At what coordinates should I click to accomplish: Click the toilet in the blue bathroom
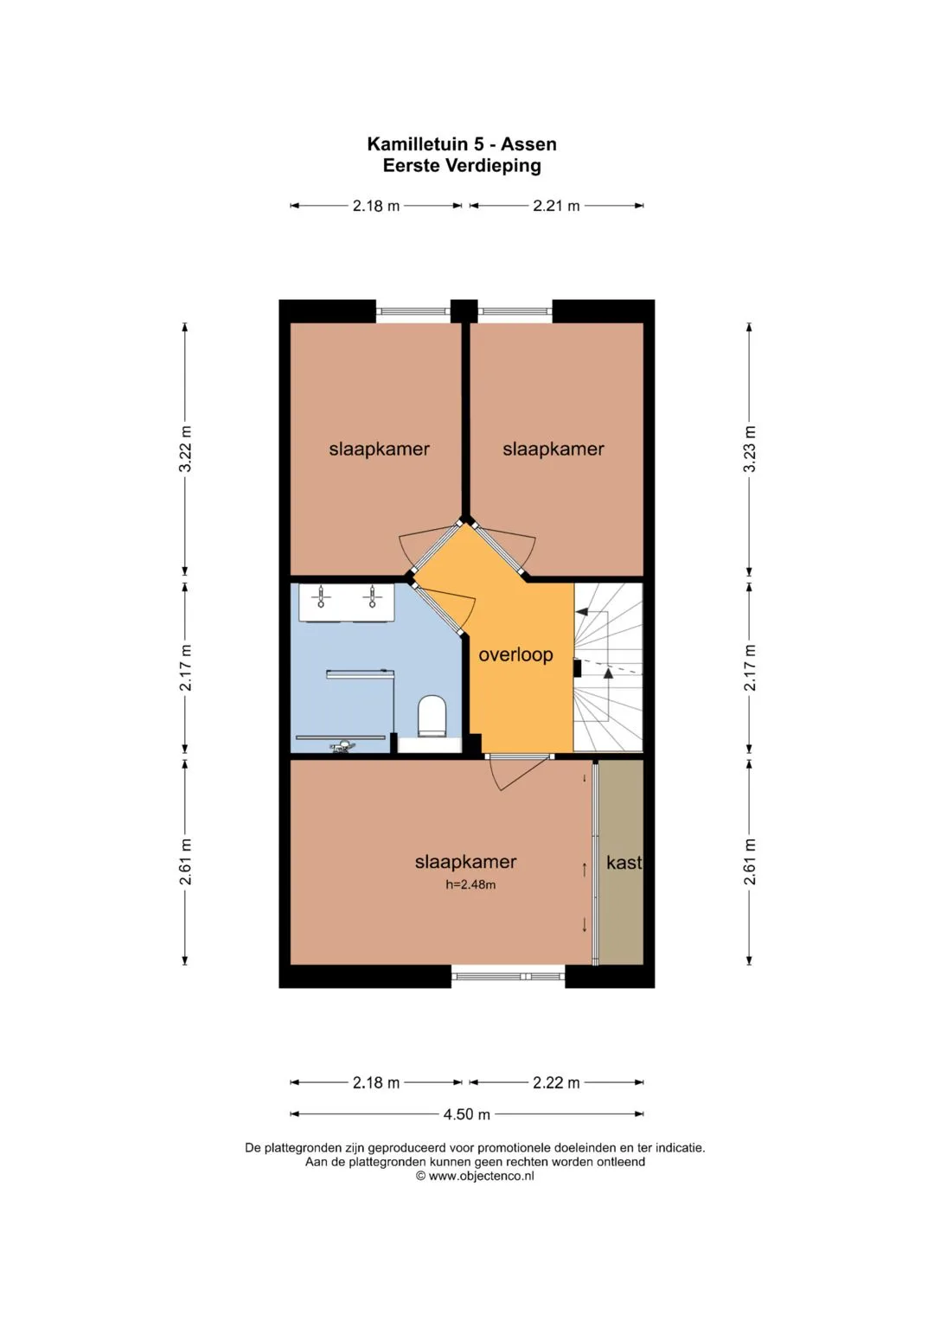coord(431,716)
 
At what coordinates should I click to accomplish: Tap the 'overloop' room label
coord(515,654)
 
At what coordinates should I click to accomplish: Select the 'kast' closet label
coord(624,863)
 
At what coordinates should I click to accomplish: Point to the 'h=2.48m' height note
coord(470,884)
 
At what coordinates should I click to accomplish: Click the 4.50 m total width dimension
coord(466,1114)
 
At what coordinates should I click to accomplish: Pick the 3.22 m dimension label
coord(185,449)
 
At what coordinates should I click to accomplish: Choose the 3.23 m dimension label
coord(749,449)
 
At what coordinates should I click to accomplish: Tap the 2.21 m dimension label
coord(556,206)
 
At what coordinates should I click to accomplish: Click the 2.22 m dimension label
coord(556,1082)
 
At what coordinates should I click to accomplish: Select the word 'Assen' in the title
coord(528,143)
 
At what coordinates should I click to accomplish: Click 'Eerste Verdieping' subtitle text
coord(462,166)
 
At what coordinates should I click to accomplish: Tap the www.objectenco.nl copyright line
coord(476,1176)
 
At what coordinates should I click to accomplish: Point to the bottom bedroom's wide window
coord(509,977)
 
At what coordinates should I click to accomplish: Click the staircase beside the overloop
coord(608,667)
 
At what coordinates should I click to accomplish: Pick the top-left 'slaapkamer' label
coord(379,449)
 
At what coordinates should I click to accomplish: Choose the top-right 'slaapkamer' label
coord(553,449)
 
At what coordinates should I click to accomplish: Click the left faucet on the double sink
coord(320,596)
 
